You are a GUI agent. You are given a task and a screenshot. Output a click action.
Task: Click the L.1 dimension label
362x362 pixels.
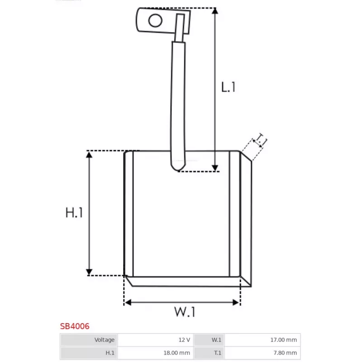228,87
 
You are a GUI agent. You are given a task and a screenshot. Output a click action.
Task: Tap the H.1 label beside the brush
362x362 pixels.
74,213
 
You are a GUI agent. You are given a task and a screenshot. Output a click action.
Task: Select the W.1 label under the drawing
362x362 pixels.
185,312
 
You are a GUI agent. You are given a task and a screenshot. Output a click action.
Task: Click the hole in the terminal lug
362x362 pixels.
155,20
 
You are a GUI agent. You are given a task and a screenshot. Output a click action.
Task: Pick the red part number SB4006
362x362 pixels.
75,326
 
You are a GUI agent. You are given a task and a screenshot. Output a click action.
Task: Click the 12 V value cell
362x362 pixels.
184,340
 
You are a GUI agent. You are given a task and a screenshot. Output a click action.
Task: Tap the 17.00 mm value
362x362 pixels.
284,340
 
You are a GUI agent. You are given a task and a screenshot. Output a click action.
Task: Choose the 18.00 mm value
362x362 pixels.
176,353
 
